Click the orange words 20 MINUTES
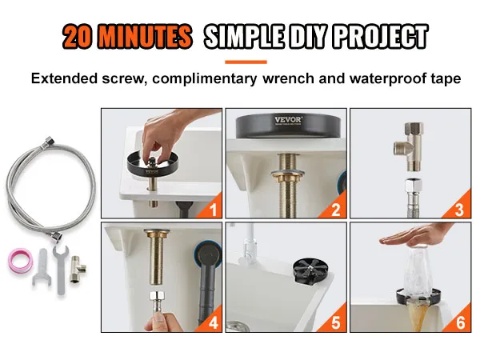point(128,36)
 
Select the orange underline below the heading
point(246,62)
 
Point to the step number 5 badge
point(336,322)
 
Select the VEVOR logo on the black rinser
point(289,120)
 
